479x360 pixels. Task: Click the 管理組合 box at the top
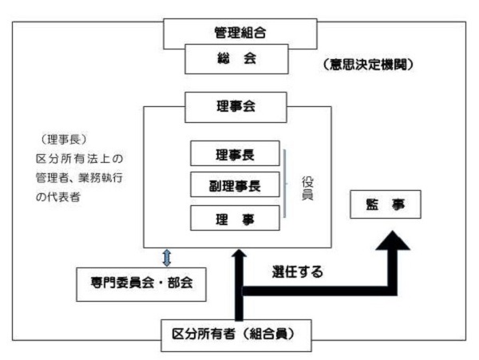click(x=239, y=31)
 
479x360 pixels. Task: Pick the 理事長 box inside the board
click(x=235, y=154)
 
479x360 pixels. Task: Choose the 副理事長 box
click(x=235, y=185)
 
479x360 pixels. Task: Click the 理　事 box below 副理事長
click(x=235, y=218)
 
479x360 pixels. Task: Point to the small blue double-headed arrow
click(x=167, y=256)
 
